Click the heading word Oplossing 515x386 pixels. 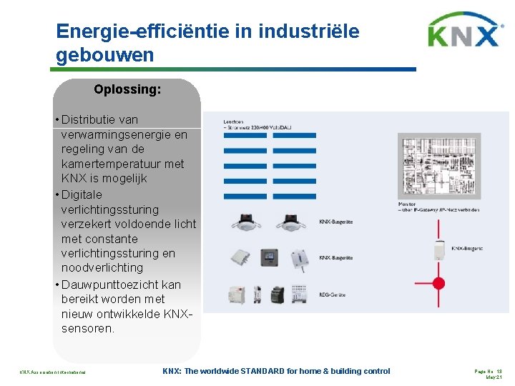coord(127,90)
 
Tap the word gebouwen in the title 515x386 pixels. coord(104,55)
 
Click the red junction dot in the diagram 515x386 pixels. coord(438,282)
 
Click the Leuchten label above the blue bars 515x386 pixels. coord(234,122)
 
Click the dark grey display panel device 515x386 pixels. coord(268,257)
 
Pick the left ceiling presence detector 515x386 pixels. coord(242,222)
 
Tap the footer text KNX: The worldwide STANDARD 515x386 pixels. coord(276,371)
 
